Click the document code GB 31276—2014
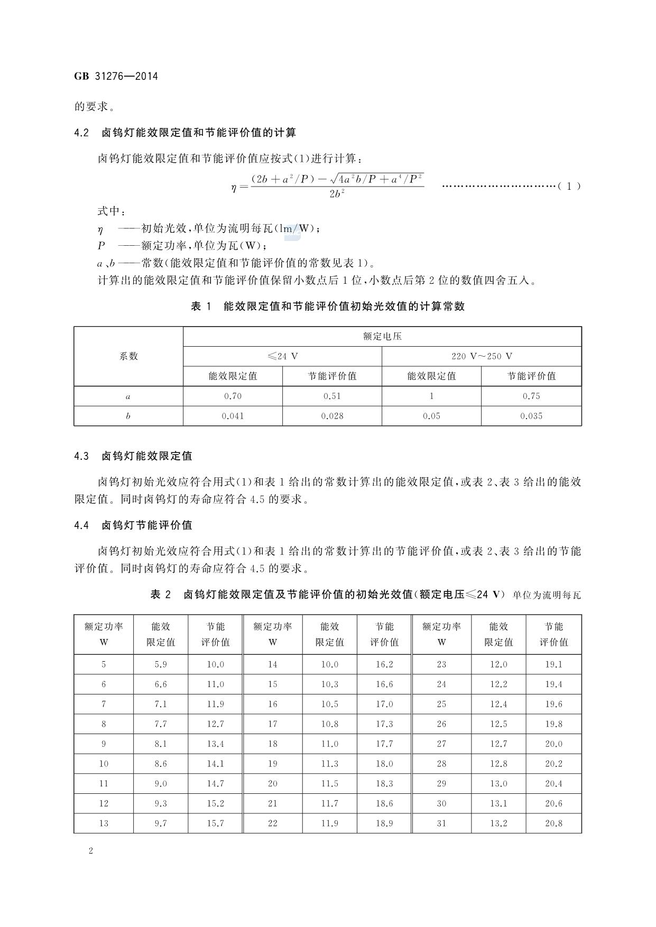pyautogui.click(x=116, y=76)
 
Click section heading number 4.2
pyautogui.click(x=81, y=133)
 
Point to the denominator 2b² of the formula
pyautogui.click(x=337, y=194)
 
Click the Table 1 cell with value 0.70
pyautogui.click(x=233, y=396)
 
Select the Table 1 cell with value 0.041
pyautogui.click(x=233, y=416)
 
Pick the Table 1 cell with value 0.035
pyautogui.click(x=531, y=416)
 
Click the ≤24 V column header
pyautogui.click(x=282, y=356)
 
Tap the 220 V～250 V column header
pyautogui.click(x=482, y=356)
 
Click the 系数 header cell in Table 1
pyautogui.click(x=128, y=356)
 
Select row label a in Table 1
pyautogui.click(x=128, y=396)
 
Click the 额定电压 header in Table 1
pyautogui.click(x=382, y=336)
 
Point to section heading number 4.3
pyautogui.click(x=81, y=456)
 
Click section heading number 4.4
pyautogui.click(x=81, y=525)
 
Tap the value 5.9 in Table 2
pyautogui.click(x=161, y=664)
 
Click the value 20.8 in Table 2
pyautogui.click(x=553, y=823)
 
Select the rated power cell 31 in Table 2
pyautogui.click(x=441, y=823)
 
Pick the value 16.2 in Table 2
pyautogui.click(x=384, y=664)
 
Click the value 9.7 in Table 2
pyautogui.click(x=161, y=823)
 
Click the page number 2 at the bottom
pyautogui.click(x=91, y=851)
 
